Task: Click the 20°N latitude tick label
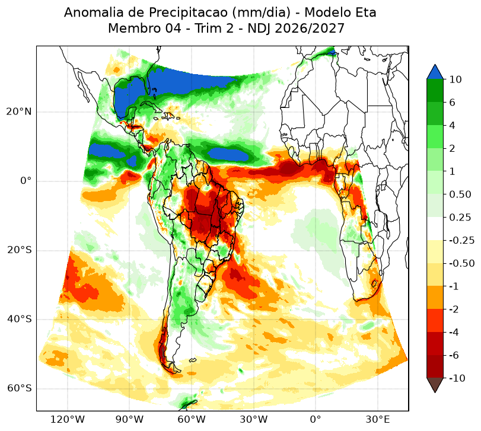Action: click(x=19, y=111)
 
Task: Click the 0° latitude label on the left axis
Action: click(x=26, y=181)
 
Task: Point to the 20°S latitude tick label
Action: click(x=19, y=250)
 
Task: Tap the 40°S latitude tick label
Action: click(x=19, y=319)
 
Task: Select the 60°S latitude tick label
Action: click(x=19, y=388)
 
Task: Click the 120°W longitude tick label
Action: click(x=68, y=419)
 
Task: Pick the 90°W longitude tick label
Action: click(x=129, y=419)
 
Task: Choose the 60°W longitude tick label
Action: click(x=192, y=419)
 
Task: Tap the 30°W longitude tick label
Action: click(x=253, y=419)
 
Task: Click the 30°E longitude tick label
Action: click(x=378, y=419)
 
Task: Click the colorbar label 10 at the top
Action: click(x=455, y=79)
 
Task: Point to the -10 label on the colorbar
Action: click(x=457, y=378)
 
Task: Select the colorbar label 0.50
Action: click(x=460, y=194)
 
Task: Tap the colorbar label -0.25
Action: click(x=461, y=240)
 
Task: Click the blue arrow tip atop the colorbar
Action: click(x=435, y=65)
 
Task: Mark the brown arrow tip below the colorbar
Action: click(x=435, y=392)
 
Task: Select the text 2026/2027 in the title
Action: click(x=310, y=28)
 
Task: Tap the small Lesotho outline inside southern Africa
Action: click(x=374, y=283)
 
